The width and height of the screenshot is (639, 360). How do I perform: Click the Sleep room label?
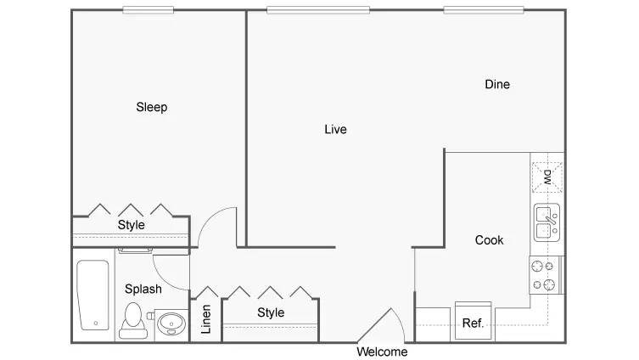pyautogui.click(x=152, y=107)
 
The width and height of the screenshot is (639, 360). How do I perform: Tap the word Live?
pyautogui.click(x=335, y=129)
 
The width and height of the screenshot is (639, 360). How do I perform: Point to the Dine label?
pyautogui.click(x=497, y=84)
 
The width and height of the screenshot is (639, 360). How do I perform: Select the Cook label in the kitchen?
pyautogui.click(x=489, y=240)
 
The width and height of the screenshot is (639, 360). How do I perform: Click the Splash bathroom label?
pyautogui.click(x=143, y=289)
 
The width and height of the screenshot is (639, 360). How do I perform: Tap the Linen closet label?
pyautogui.click(x=206, y=319)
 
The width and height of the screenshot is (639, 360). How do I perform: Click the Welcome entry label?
pyautogui.click(x=382, y=352)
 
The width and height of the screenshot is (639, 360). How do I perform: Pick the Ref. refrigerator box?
pyautogui.click(x=474, y=320)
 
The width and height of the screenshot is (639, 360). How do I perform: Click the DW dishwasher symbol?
pyautogui.click(x=547, y=177)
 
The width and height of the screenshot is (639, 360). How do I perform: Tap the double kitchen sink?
pyautogui.click(x=547, y=222)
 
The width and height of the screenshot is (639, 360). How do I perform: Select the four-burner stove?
pyautogui.click(x=547, y=275)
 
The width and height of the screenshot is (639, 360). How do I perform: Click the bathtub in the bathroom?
pyautogui.click(x=92, y=295)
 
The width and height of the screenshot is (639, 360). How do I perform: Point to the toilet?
pyautogui.click(x=133, y=321)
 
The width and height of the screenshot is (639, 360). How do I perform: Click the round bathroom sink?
pyautogui.click(x=171, y=324)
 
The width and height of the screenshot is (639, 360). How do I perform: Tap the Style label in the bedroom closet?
pyautogui.click(x=132, y=225)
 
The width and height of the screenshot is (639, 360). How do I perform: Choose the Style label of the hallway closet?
pyautogui.click(x=271, y=312)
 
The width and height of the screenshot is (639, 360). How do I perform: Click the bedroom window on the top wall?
pyautogui.click(x=149, y=10)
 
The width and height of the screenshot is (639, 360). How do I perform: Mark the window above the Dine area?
pyautogui.click(x=484, y=10)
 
